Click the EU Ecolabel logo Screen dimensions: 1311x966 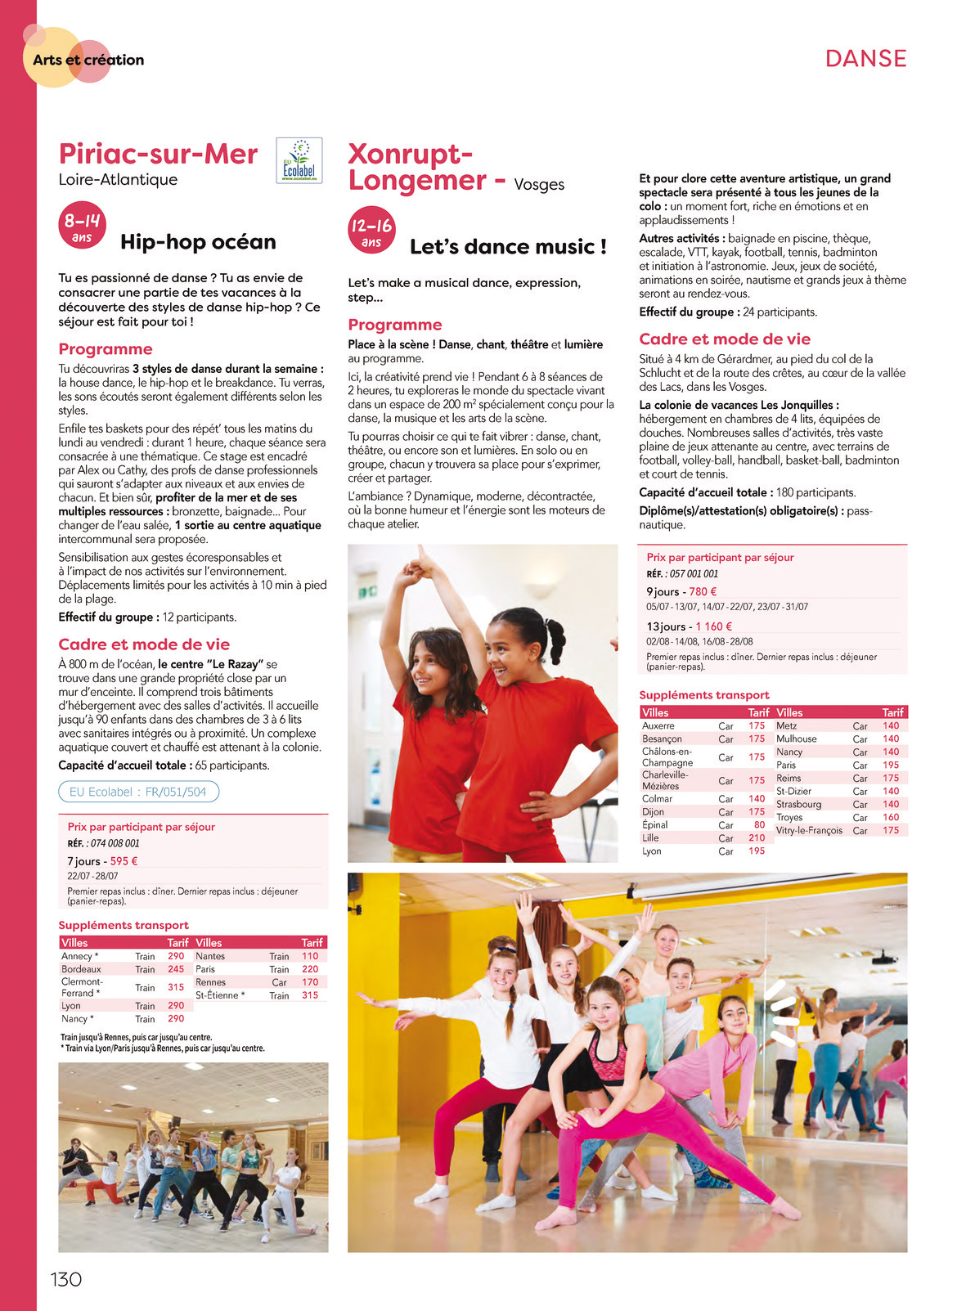coord(299,160)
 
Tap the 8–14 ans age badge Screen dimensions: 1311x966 coord(82,225)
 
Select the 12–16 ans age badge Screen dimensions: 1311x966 coord(371,230)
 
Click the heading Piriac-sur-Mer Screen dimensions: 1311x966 coord(158,154)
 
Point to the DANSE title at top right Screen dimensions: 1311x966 coord(865,58)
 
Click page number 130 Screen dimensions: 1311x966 coord(66,1279)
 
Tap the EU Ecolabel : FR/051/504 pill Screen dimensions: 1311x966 coord(138,792)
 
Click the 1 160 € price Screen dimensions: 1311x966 coord(713,626)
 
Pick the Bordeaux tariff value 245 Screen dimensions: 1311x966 coord(176,969)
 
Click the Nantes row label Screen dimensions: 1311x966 coord(210,956)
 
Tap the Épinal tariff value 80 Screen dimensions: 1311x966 coord(759,824)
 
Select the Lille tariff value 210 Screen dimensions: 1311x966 coord(757,837)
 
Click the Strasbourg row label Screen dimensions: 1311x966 coord(798,804)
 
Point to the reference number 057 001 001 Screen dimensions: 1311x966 coord(694,573)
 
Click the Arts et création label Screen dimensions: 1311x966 coord(88,60)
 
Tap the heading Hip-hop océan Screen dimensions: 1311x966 coord(198,242)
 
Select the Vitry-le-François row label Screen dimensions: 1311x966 coord(809,830)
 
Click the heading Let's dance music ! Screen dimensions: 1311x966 coord(508,247)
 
